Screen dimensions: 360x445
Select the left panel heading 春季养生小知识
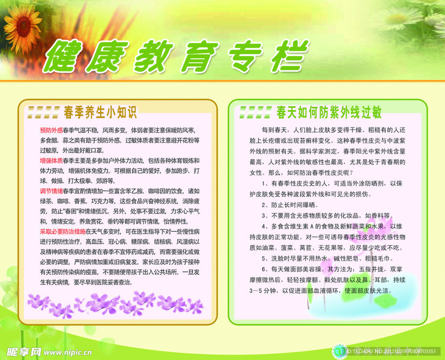click(100, 113)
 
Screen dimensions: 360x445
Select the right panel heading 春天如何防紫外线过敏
click(329, 113)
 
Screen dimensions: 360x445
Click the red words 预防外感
click(51, 130)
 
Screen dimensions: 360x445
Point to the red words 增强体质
click(51, 160)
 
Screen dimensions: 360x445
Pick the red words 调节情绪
click(51, 191)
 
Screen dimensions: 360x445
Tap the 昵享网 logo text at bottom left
click(25, 351)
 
